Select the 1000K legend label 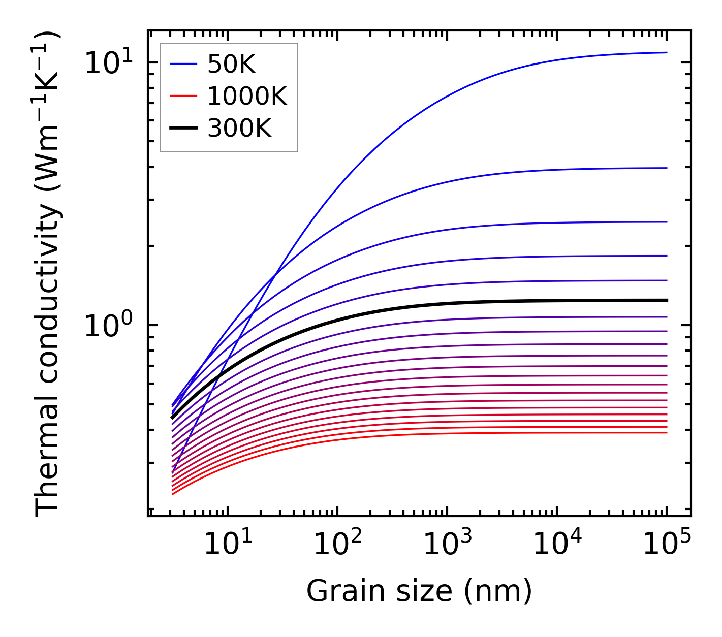click(247, 96)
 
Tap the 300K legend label click(239, 129)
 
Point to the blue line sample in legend click(183, 64)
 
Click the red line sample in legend click(183, 96)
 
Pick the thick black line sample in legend click(183, 129)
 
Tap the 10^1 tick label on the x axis click(228, 545)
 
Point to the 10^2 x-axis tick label click(337, 545)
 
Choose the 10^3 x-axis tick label click(447, 545)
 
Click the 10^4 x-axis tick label click(557, 545)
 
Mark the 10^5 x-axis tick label click(667, 545)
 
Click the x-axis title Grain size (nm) click(419, 591)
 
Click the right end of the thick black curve click(667, 300)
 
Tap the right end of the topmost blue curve click(667, 52)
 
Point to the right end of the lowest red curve click(667, 432)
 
